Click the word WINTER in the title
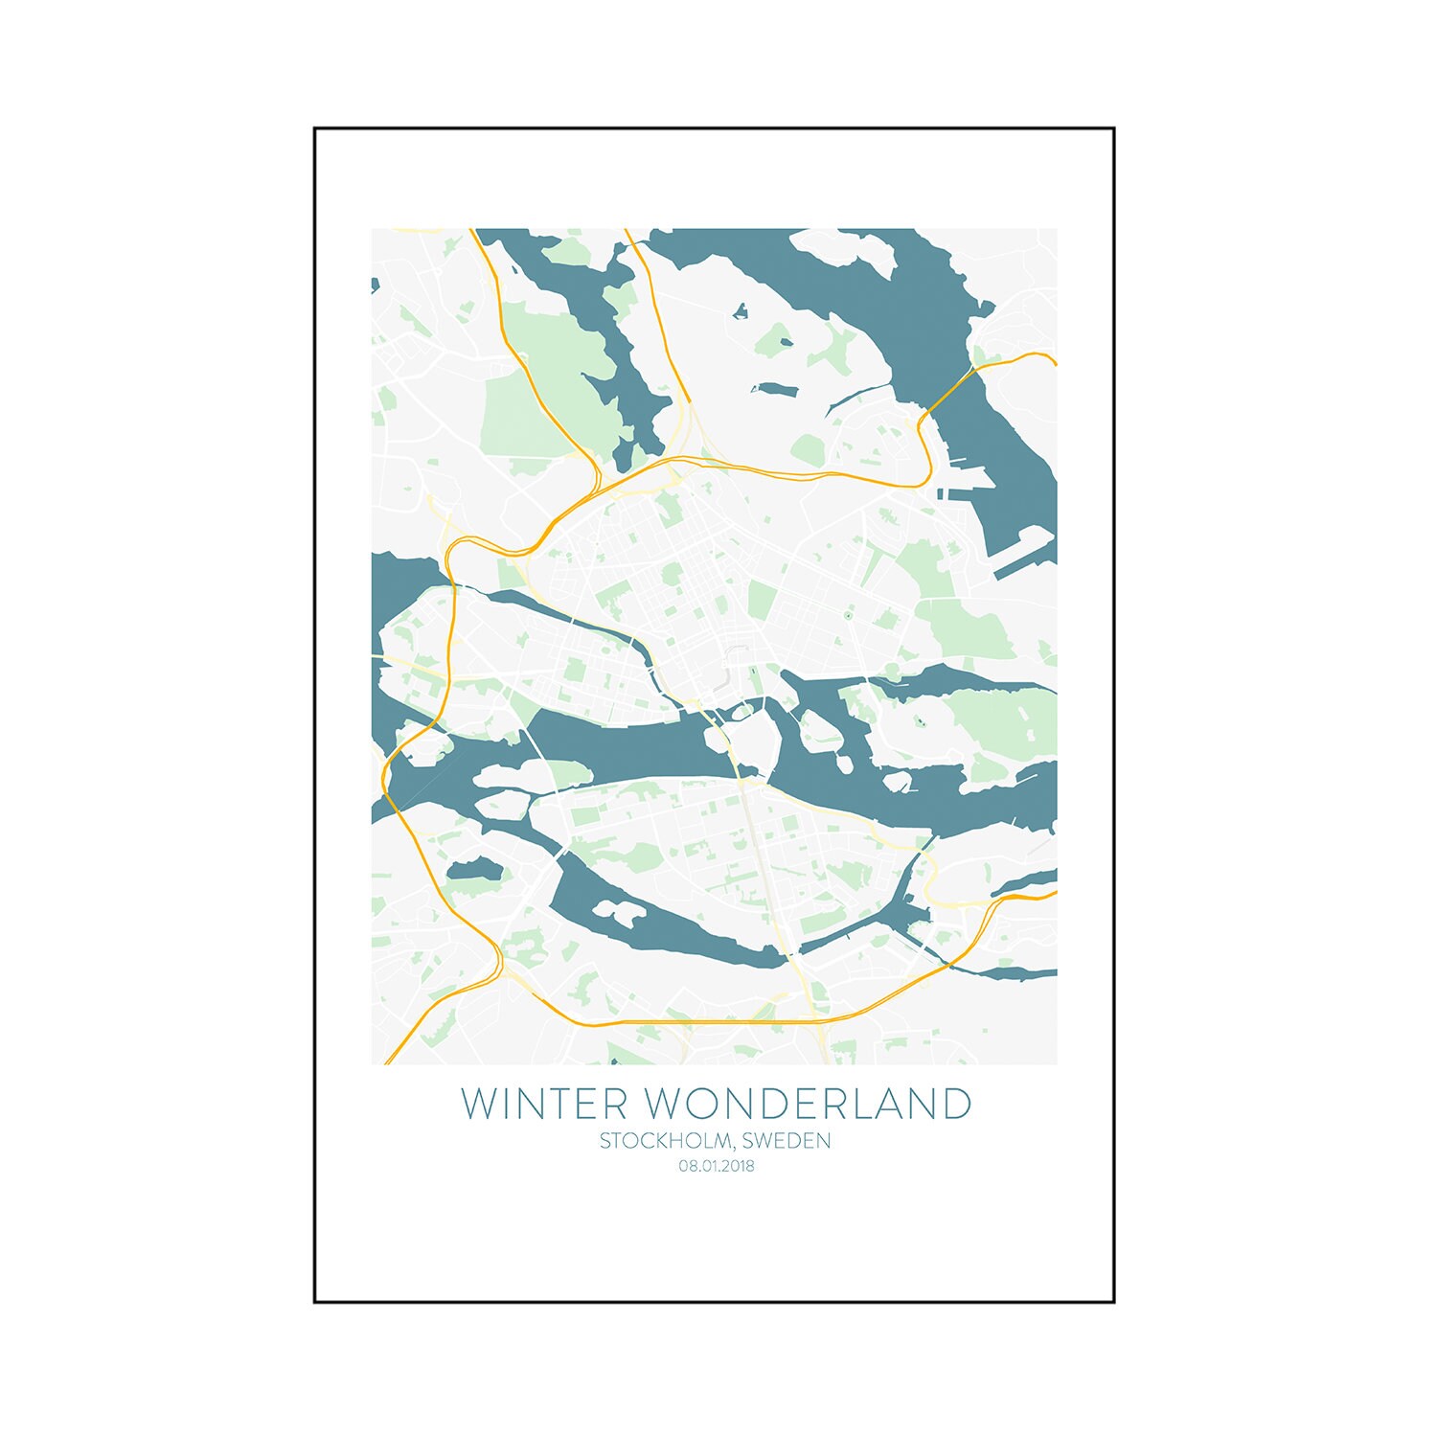[x=544, y=1104]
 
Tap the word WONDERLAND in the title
[x=809, y=1104]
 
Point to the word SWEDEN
[x=787, y=1141]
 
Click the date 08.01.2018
[x=717, y=1166]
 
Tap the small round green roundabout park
[x=847, y=616]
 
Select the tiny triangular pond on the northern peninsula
[x=740, y=310]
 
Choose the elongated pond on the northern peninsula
[x=776, y=390]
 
